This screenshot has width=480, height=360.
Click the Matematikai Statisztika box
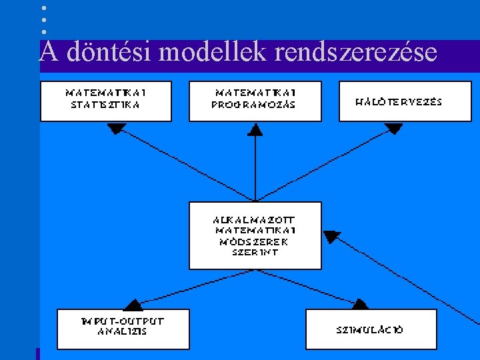tap(105, 101)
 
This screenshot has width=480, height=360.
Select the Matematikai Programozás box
tap(255, 101)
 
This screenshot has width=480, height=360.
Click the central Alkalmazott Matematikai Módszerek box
tap(255, 235)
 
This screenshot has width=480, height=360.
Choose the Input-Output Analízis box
tap(123, 328)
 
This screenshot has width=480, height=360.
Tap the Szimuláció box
tap(371, 329)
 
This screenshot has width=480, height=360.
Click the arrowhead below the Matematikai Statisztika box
tap(117, 128)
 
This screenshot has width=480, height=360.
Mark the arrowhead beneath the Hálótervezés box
tap(393, 128)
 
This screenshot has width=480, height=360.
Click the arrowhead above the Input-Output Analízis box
tap(134, 305)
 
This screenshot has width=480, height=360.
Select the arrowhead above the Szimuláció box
tap(359, 304)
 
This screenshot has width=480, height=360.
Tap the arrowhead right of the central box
tap(331, 236)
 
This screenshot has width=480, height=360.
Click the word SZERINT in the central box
tap(255, 252)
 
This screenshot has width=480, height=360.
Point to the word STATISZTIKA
tap(105, 105)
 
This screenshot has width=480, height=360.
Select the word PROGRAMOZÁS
tap(253, 105)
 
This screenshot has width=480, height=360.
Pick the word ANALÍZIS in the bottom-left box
tap(122, 331)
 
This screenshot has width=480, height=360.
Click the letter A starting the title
tap(47, 51)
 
